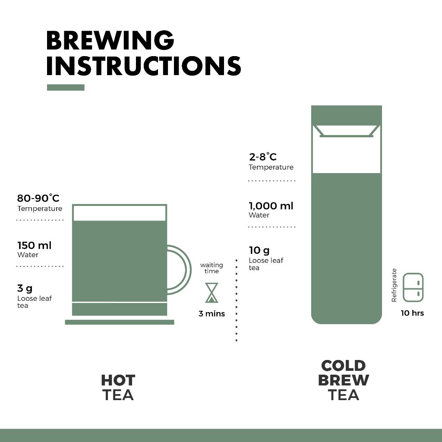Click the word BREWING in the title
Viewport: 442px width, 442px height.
tap(110, 40)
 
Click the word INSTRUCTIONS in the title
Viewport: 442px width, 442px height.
tap(144, 66)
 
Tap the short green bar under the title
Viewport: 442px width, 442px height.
tap(66, 87)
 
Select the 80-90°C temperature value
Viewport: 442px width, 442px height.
tap(38, 198)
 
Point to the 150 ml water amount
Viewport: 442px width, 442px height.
tap(35, 245)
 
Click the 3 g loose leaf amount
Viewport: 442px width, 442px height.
tap(25, 288)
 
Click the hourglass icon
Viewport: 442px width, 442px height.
tap(212, 293)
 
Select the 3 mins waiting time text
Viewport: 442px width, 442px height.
tap(212, 313)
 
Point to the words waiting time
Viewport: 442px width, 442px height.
tap(212, 268)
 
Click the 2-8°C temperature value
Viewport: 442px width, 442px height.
tap(263, 157)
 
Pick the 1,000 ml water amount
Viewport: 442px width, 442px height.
tap(271, 206)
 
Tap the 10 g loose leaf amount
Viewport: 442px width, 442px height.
tap(259, 250)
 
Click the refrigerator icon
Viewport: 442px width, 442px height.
tap(413, 287)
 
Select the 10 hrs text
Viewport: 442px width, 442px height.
tap(412, 313)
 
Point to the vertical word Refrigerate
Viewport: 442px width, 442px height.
tap(394, 285)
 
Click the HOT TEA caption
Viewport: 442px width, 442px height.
tap(118, 387)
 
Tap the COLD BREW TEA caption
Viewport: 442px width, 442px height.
tap(343, 380)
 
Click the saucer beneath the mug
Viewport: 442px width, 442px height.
tap(120, 322)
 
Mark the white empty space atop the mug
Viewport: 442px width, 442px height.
tap(120, 213)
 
